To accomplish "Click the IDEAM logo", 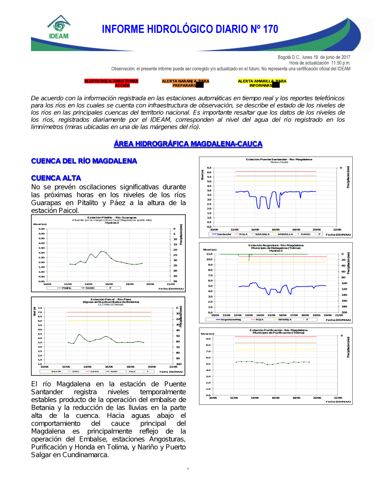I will (59, 27).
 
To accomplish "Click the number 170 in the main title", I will (270, 29).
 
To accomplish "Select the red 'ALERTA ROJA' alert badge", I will (111, 83).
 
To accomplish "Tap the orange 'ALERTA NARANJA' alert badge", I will (185, 83).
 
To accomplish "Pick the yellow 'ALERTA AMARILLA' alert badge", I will (262, 83).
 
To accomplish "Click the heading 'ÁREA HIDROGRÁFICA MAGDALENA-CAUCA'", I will (188, 144).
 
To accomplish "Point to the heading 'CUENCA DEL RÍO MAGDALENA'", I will (84, 161).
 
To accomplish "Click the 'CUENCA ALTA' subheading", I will (56, 178).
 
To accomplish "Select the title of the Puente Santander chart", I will (279, 159).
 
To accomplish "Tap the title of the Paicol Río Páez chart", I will (111, 299).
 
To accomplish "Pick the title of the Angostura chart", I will (276, 246).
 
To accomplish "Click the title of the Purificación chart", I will (278, 330).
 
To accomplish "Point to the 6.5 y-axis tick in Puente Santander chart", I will (209, 168).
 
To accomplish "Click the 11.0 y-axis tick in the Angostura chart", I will (209, 254).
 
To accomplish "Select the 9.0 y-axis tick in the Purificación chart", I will (208, 339).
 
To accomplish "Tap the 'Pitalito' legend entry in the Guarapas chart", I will (66, 288).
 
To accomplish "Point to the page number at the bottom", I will (188, 469).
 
